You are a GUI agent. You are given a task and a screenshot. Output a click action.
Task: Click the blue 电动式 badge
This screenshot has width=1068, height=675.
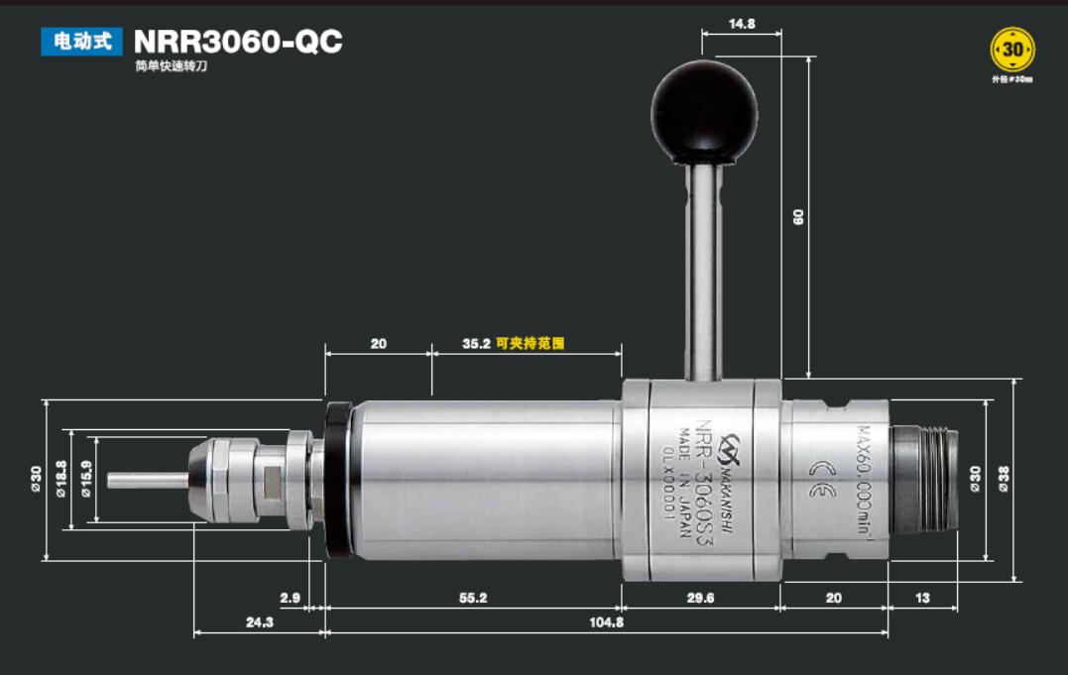[x=81, y=41]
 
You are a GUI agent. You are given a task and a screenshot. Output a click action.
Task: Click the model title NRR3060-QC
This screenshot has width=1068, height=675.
[x=238, y=42]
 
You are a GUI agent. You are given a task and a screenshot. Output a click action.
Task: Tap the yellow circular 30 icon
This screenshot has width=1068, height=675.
[x=1011, y=49]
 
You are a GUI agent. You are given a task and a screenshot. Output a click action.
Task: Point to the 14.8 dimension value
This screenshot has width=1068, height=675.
[x=742, y=23]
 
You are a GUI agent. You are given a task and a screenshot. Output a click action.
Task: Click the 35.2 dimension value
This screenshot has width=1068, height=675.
[x=476, y=344]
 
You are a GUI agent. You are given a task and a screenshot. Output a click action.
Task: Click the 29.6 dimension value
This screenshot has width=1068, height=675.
[x=700, y=599]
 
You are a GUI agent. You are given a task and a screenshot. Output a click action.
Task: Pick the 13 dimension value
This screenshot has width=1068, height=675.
[x=922, y=599]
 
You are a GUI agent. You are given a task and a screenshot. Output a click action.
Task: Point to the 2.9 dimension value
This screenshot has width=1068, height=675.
[x=290, y=599]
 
